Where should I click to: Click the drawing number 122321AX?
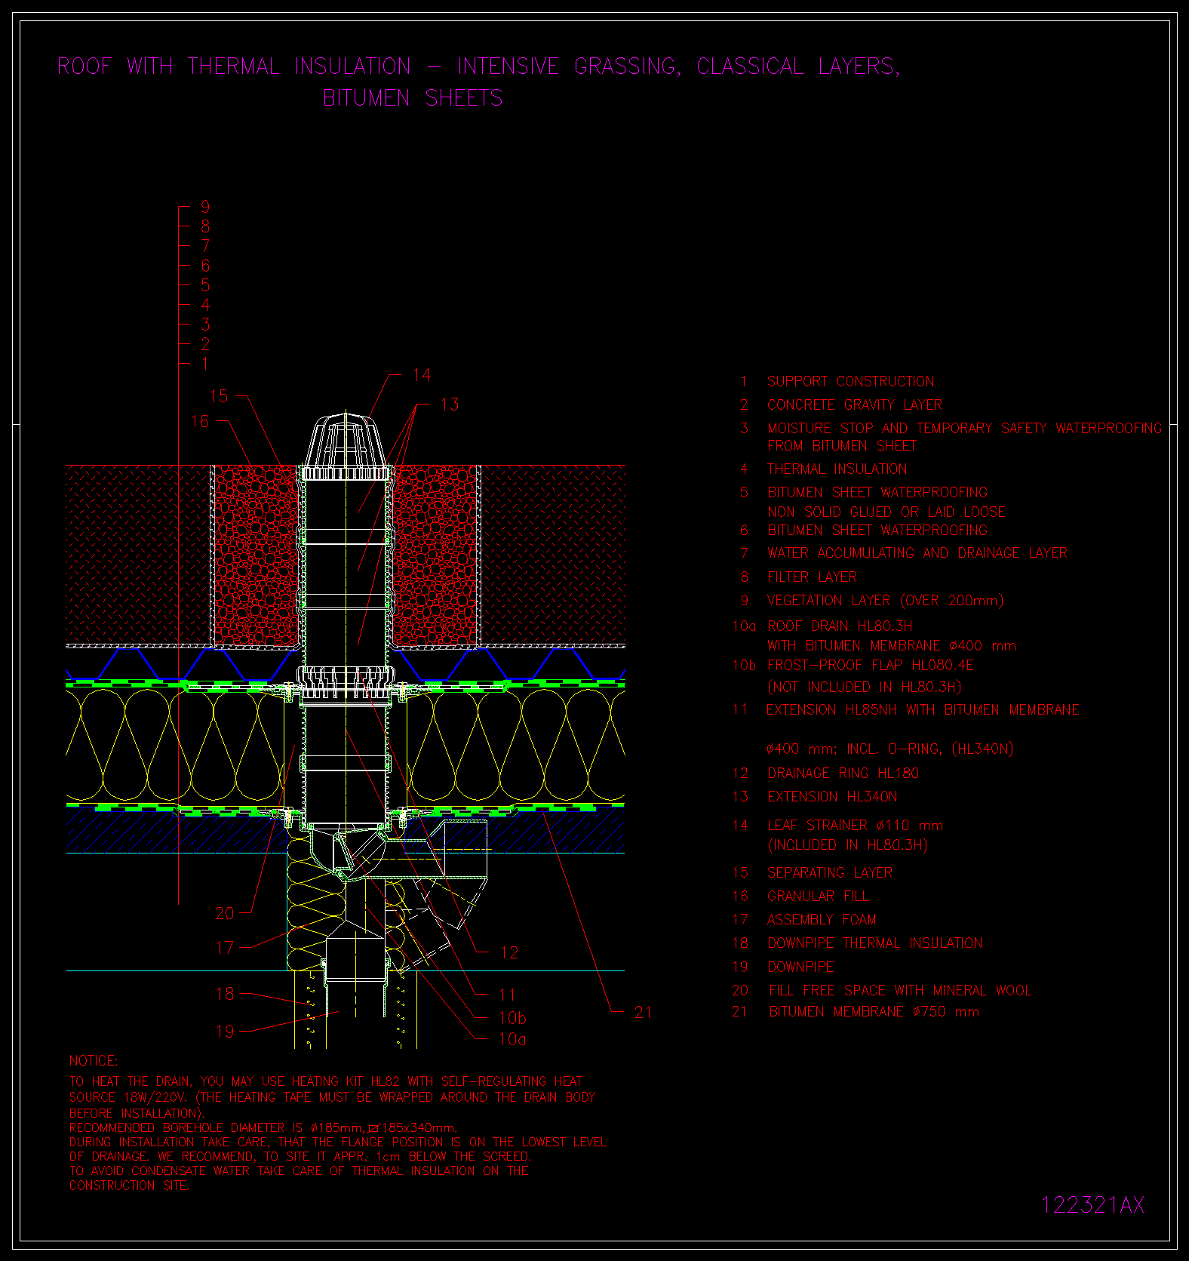pos(1092,1205)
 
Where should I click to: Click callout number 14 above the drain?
pos(422,375)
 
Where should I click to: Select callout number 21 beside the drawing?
pos(643,1013)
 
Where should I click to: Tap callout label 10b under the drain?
pos(513,1018)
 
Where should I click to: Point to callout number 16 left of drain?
pos(200,421)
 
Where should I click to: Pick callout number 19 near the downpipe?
pos(225,1032)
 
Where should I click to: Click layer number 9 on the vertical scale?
pos(205,207)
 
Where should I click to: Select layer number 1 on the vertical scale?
pos(205,364)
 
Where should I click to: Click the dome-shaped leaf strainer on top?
pos(346,446)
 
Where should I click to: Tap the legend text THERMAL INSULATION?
pos(837,469)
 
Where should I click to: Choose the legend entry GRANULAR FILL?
pos(818,896)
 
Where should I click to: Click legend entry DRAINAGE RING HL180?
pos(843,773)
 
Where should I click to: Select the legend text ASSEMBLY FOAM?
pos(822,919)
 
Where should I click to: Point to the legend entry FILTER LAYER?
pos(812,577)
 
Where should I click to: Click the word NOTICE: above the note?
pos(94,1060)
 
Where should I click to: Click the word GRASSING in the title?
pos(626,66)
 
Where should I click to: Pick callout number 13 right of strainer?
pos(450,404)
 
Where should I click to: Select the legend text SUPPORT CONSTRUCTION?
pos(850,381)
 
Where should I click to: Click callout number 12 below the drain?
pos(509,952)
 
